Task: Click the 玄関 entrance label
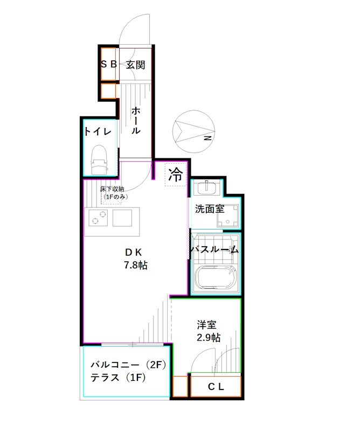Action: tap(135, 65)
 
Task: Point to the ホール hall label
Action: tap(136, 120)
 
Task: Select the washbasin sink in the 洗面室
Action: tap(207, 189)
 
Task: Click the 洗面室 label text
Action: tap(210, 209)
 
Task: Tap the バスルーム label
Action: tap(214, 250)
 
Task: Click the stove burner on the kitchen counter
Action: tap(98, 219)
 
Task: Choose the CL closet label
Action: tap(216, 386)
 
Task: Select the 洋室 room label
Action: tap(206, 325)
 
